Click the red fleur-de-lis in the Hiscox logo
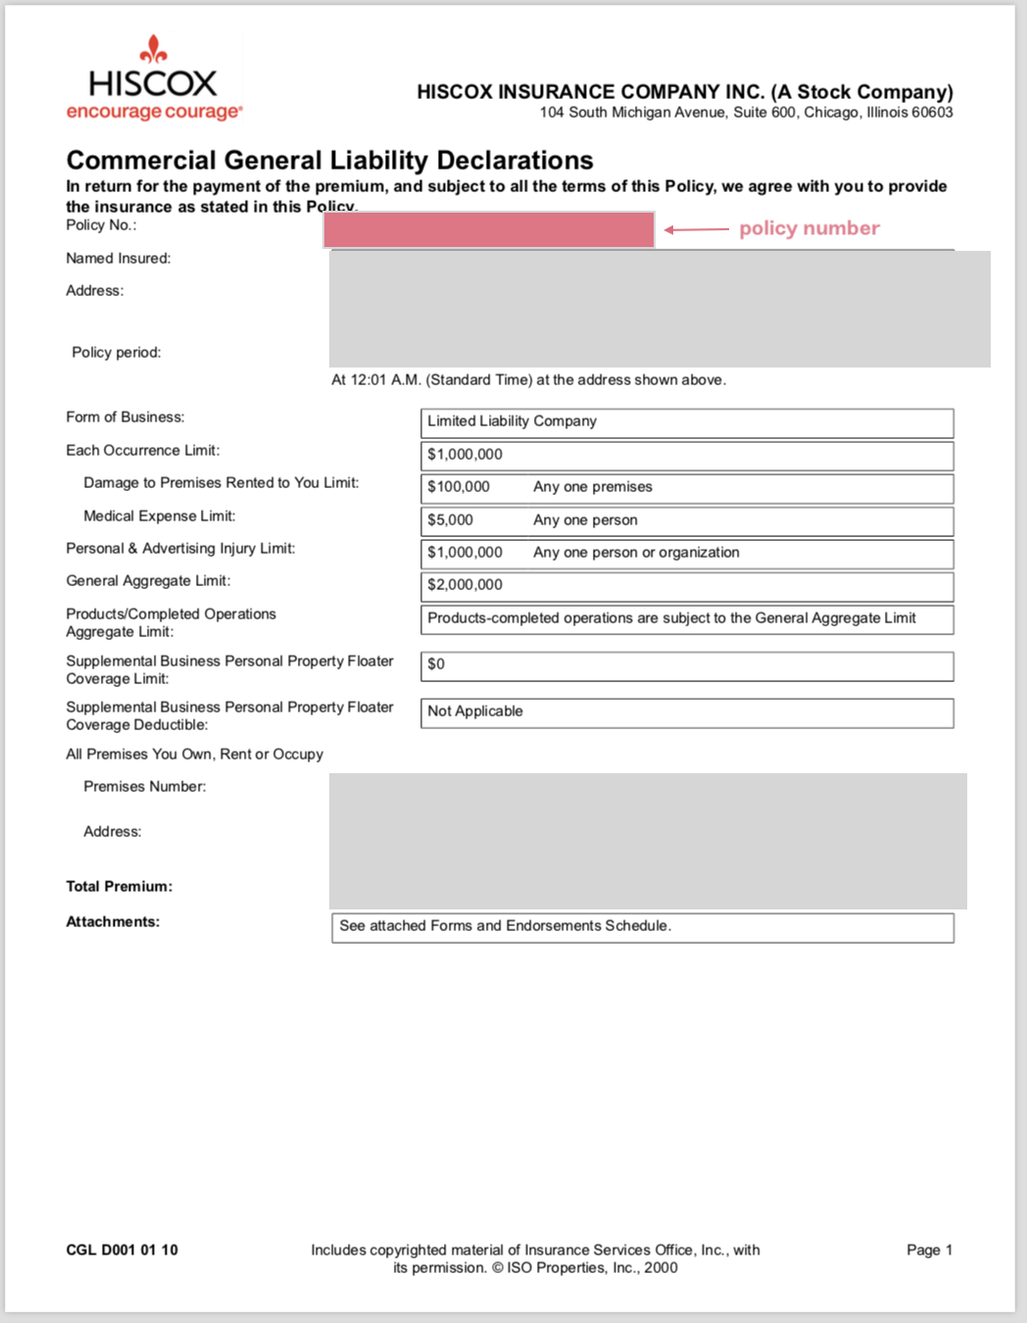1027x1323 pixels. (x=153, y=49)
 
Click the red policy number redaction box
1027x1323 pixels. (x=489, y=230)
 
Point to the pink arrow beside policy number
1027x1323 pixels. (x=697, y=229)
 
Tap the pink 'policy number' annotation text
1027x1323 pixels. (x=808, y=228)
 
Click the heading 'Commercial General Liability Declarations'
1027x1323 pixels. (x=329, y=160)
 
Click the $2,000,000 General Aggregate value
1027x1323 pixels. (x=465, y=585)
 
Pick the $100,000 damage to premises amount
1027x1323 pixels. (x=459, y=487)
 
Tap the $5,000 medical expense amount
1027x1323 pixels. (x=450, y=520)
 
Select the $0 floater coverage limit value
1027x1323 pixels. (x=436, y=664)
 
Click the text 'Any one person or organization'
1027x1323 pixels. (x=636, y=553)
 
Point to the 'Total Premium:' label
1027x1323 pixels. (x=119, y=887)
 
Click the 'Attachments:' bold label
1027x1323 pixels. (x=113, y=922)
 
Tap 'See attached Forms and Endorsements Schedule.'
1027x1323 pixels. (x=505, y=926)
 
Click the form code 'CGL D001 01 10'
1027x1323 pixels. (x=122, y=1250)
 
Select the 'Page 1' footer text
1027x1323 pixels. (x=929, y=1250)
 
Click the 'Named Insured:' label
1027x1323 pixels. (x=118, y=259)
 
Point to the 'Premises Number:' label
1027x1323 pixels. (x=144, y=787)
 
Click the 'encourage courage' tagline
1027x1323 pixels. (x=154, y=112)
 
